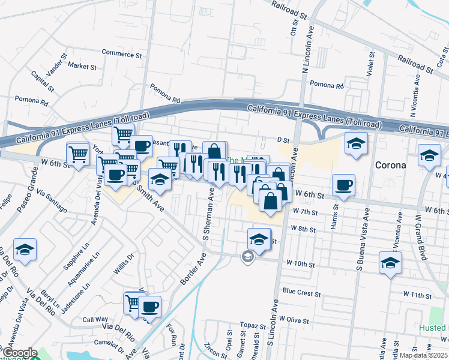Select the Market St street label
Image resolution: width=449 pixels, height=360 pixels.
tap(82, 65)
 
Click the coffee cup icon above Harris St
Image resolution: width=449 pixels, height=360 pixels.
tap(343, 185)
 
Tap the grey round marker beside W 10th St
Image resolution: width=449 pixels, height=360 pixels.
tap(247, 257)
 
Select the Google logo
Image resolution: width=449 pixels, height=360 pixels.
tap(19, 352)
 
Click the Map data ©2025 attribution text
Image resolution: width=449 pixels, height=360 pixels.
tap(420, 355)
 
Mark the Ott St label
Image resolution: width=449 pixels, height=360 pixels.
tap(294, 27)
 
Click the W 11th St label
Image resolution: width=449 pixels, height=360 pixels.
tap(418, 296)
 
